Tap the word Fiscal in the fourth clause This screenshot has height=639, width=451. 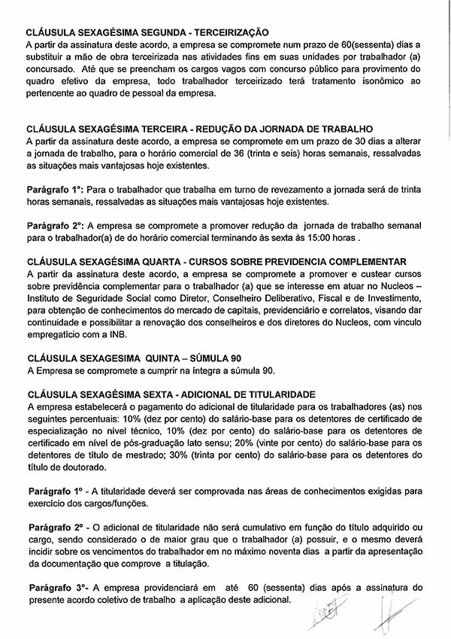click(x=304, y=298)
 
